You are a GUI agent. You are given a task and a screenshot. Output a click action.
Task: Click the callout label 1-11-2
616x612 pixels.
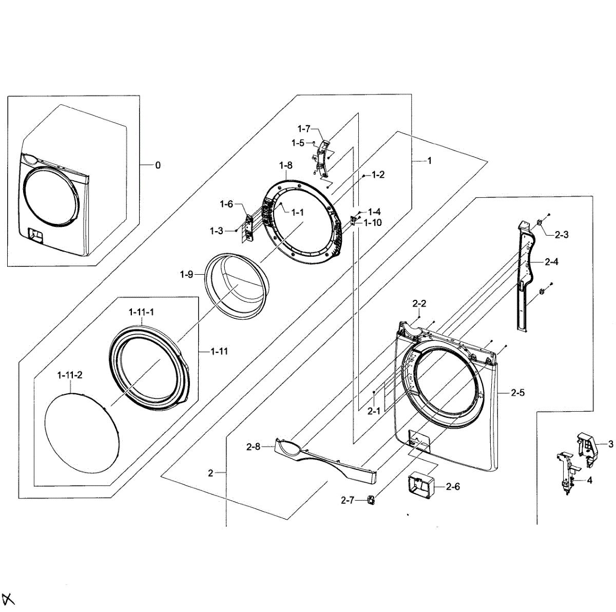click(x=69, y=375)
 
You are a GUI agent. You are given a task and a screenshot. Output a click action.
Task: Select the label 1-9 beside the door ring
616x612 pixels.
click(x=186, y=275)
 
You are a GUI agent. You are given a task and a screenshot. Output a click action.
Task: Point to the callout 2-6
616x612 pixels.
click(x=453, y=486)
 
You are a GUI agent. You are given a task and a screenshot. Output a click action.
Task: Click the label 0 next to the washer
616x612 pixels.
click(x=158, y=165)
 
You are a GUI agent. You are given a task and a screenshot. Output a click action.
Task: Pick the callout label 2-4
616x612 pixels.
click(x=551, y=262)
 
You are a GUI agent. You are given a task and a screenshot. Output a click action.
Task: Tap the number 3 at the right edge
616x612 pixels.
click(x=610, y=444)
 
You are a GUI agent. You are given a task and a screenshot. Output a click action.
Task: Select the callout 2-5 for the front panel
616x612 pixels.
click(x=517, y=393)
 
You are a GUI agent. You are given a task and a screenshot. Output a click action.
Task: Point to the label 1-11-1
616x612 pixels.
click(x=141, y=312)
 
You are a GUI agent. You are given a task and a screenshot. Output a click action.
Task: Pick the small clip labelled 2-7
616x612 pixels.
click(x=371, y=499)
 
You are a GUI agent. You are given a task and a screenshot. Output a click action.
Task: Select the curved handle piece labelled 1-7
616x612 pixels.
click(x=322, y=154)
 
